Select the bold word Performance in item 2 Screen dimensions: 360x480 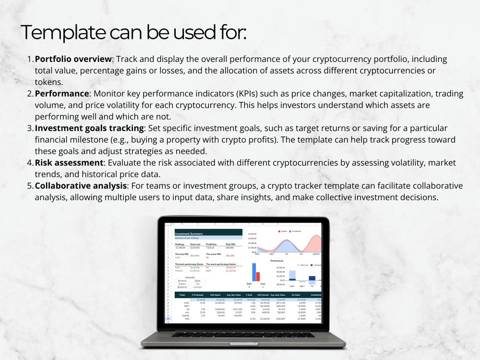point(62,94)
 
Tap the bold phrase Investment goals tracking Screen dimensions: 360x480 point(89,128)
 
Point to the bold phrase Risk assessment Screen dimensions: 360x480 point(69,163)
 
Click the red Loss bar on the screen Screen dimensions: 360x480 point(258,276)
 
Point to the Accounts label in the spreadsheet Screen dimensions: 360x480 point(190,277)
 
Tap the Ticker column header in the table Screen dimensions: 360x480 point(183,295)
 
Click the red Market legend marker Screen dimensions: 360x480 point(279,231)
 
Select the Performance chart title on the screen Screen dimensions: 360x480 point(276,260)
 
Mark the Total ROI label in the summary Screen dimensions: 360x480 point(230,244)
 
